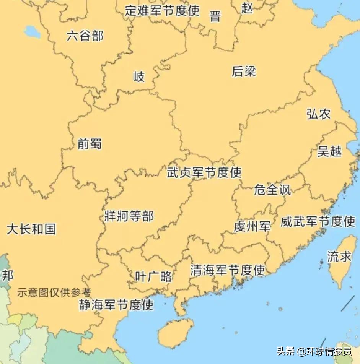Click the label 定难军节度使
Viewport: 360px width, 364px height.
(162, 10)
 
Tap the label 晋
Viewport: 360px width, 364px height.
(215, 16)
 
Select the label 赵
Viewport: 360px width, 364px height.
(247, 8)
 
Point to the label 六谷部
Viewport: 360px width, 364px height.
(85, 36)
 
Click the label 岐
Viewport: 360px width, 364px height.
(139, 77)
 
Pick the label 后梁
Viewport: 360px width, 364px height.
(244, 71)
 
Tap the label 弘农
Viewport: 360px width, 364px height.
(318, 114)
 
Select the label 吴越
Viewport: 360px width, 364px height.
(329, 151)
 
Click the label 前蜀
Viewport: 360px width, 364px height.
(90, 144)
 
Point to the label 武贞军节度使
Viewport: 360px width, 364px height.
(204, 172)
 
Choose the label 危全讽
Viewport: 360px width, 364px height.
(272, 190)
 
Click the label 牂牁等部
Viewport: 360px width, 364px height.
(129, 216)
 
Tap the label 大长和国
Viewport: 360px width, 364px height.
(31, 229)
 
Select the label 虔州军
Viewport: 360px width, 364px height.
(252, 226)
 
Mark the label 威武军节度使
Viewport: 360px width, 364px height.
(318, 221)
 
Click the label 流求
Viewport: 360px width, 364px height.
(339, 257)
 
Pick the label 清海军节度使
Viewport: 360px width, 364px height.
(228, 270)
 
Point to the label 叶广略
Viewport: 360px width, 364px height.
(153, 276)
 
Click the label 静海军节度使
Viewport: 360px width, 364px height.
(116, 305)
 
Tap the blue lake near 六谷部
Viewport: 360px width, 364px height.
(32, 32)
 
